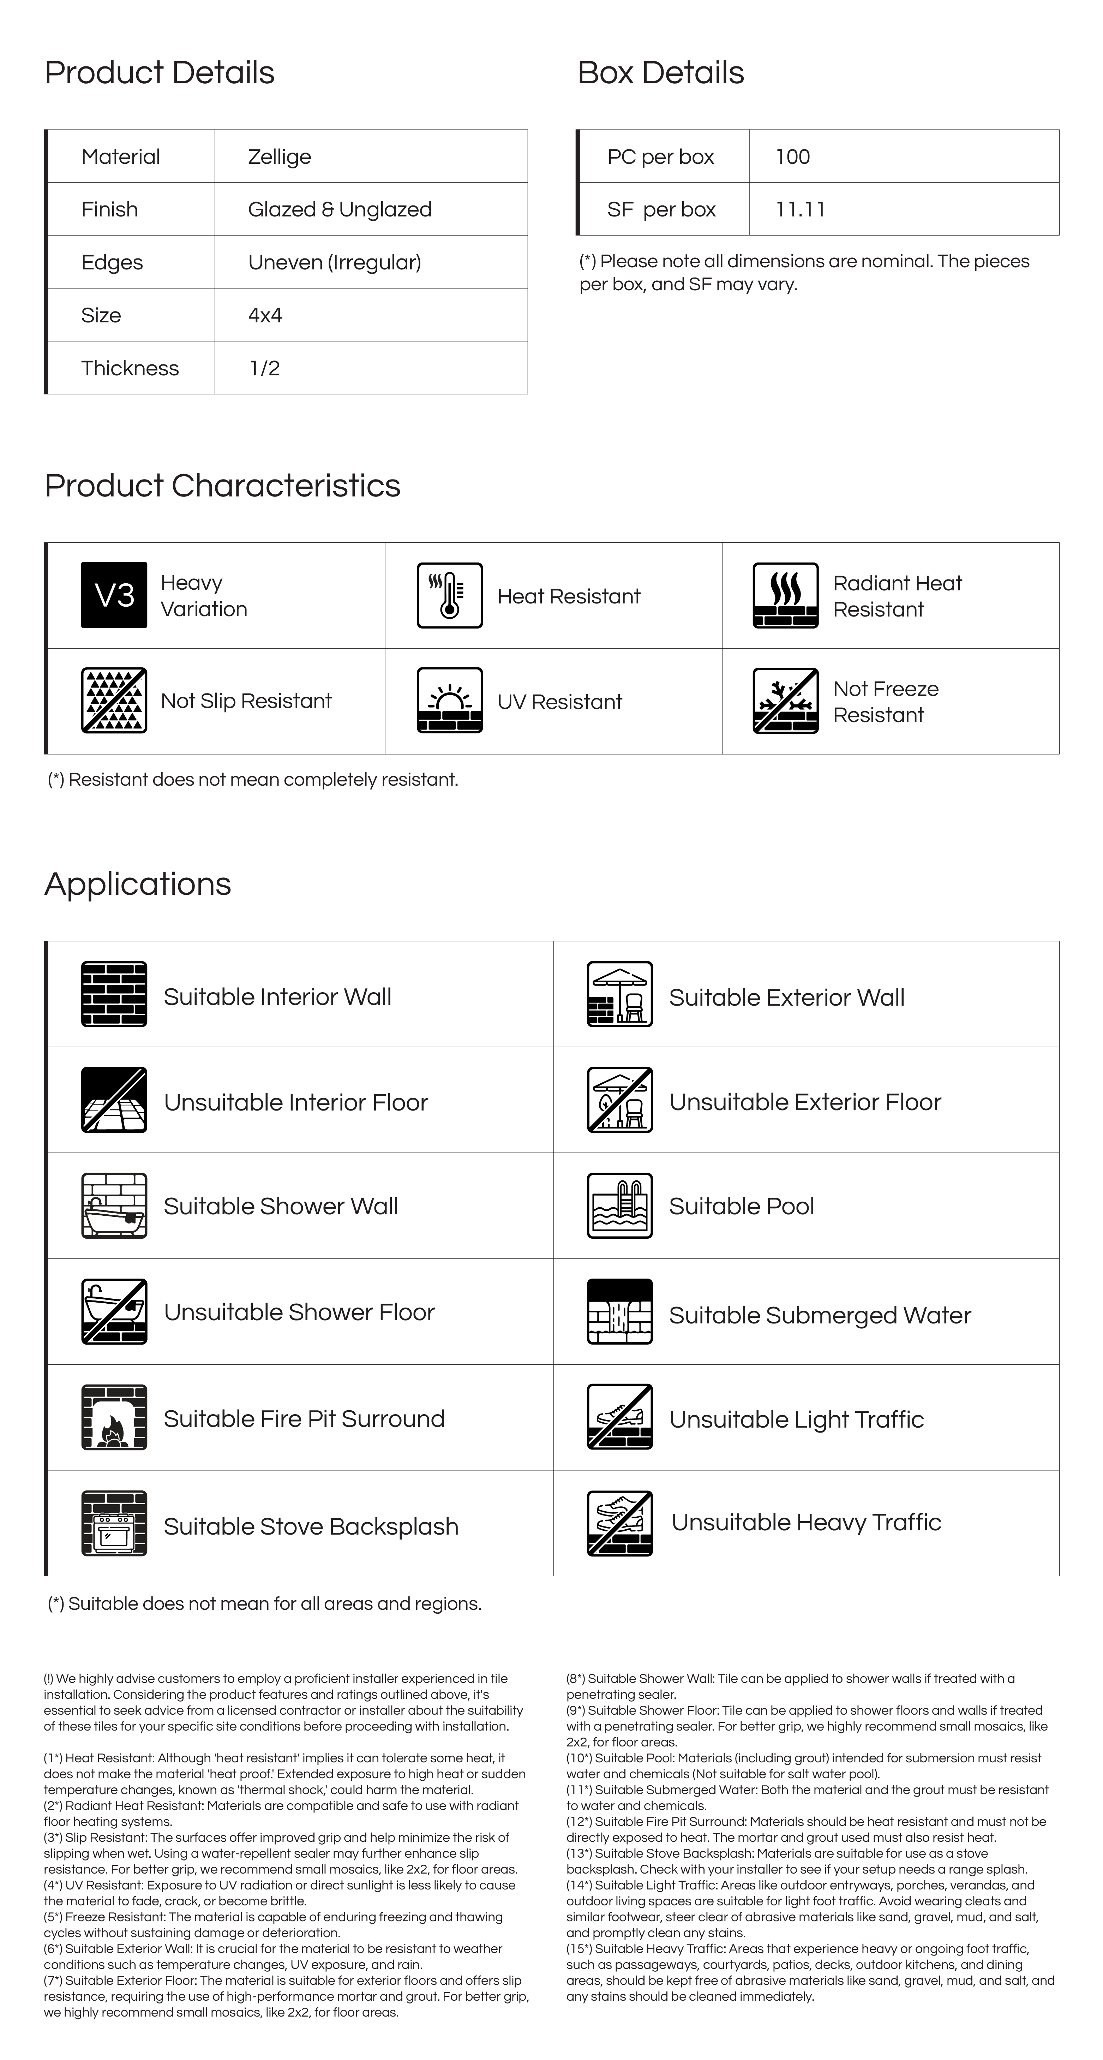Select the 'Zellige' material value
pos(279,157)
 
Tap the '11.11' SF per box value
pos(800,209)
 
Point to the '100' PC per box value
pos(792,157)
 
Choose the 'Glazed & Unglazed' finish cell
pos(340,209)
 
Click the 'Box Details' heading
pos(660,73)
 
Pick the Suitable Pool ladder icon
pos(619,1206)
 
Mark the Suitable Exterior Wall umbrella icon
pos(619,994)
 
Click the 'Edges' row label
pos(112,262)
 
